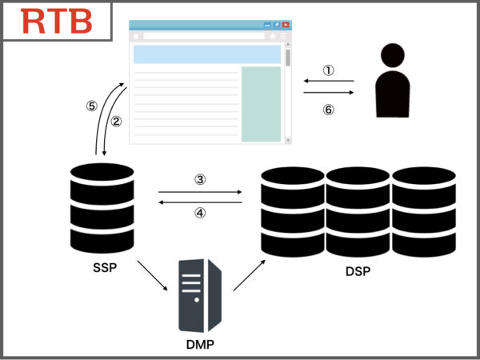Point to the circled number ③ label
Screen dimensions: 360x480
coord(200,179)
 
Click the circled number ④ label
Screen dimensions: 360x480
coord(200,214)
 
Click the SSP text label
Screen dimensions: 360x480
coord(106,266)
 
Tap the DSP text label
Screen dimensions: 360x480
coord(358,271)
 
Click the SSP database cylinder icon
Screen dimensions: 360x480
coord(102,206)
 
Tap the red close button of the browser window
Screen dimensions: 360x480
coord(286,25)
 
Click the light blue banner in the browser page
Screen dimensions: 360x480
coord(207,54)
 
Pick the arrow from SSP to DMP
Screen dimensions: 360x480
coord(154,277)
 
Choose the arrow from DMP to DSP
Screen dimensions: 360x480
coord(247,275)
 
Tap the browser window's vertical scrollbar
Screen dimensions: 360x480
coord(287,88)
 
